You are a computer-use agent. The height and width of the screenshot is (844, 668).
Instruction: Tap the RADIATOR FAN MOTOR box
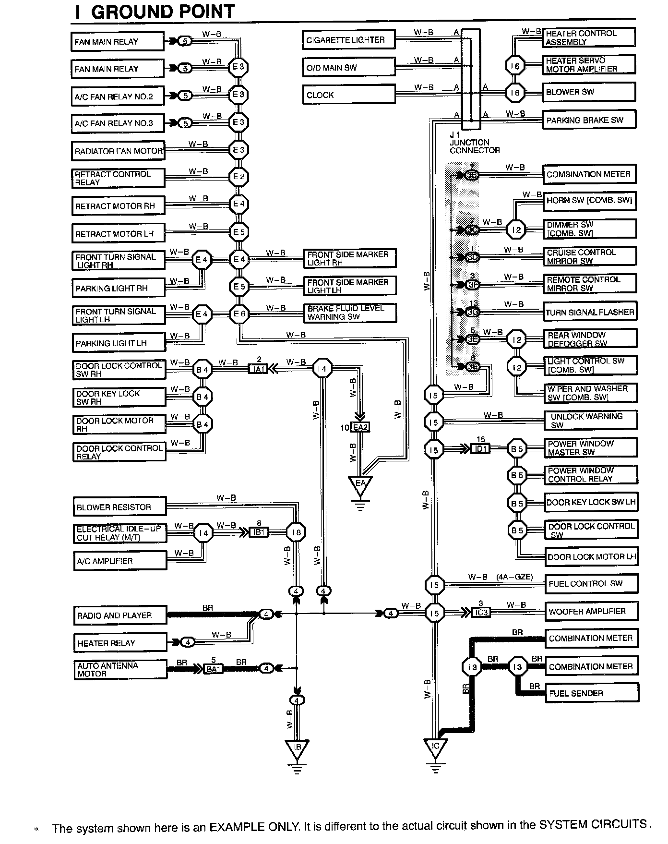[118, 151]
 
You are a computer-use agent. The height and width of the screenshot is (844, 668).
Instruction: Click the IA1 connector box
[258, 369]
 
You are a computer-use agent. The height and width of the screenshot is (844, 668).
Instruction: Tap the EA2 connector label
[360, 427]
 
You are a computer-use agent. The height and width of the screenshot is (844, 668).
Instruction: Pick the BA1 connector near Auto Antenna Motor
[213, 668]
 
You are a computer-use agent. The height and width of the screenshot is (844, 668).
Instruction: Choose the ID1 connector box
[480, 449]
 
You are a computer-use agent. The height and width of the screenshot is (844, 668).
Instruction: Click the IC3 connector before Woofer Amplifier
[480, 613]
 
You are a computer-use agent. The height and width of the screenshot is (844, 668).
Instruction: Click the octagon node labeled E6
[239, 314]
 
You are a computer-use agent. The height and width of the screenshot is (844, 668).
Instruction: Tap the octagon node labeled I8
[296, 532]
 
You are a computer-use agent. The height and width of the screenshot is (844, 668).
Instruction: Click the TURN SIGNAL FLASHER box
[590, 312]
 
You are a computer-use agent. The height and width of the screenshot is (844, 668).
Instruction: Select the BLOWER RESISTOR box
[119, 507]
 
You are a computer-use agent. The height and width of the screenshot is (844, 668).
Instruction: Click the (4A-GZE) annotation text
[514, 577]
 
